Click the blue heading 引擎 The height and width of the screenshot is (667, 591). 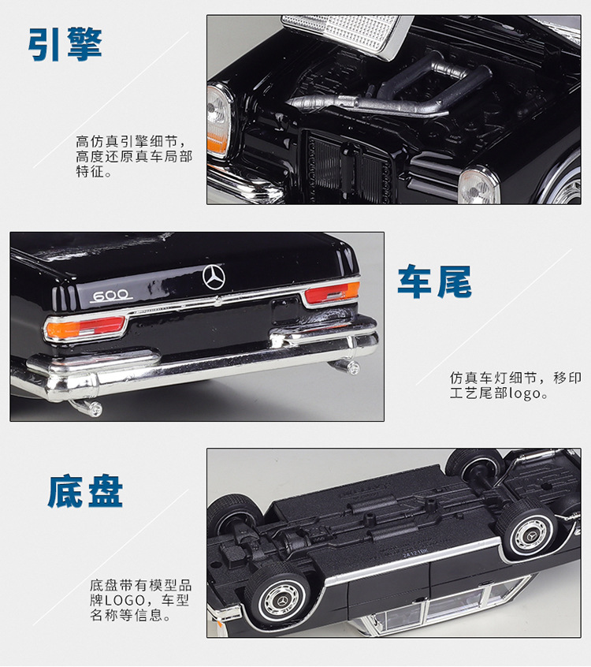(65, 44)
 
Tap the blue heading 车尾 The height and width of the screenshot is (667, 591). (434, 281)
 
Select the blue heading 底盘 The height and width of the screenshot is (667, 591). (85, 492)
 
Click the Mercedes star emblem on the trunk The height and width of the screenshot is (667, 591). (214, 277)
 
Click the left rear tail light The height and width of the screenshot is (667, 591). (84, 328)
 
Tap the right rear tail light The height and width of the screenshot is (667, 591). (332, 293)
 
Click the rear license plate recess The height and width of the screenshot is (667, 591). (286, 311)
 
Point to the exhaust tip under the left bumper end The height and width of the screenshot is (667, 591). (88, 408)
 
